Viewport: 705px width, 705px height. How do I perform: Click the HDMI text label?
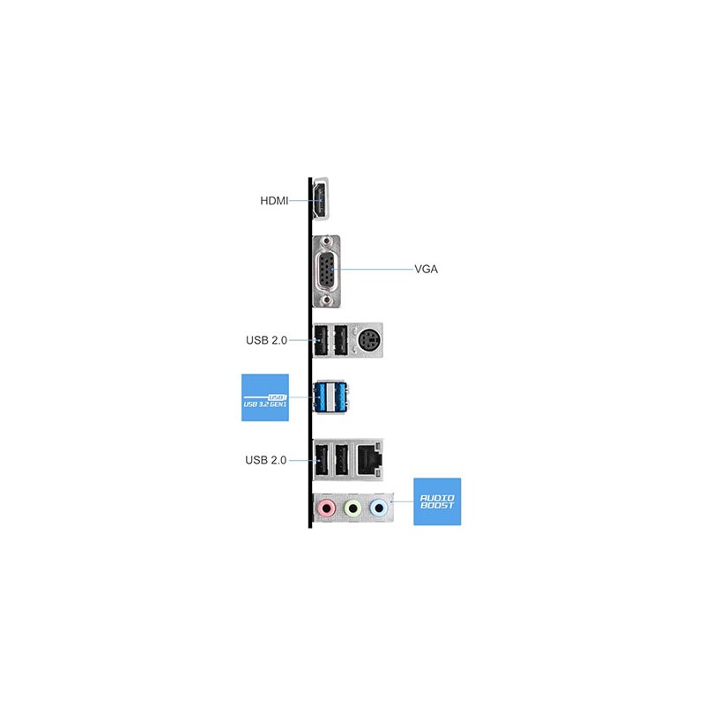pyautogui.click(x=274, y=201)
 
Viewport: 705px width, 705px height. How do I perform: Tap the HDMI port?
pyautogui.click(x=321, y=200)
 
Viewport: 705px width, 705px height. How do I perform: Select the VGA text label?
pyautogui.click(x=426, y=269)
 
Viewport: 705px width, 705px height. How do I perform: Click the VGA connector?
pyautogui.click(x=326, y=271)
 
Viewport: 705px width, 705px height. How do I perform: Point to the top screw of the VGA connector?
pyautogui.click(x=327, y=241)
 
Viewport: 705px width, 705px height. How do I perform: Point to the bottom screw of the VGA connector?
pyautogui.click(x=327, y=300)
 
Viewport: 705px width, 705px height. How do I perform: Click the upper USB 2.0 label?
pyautogui.click(x=266, y=340)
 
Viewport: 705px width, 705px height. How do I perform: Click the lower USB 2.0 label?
pyautogui.click(x=266, y=460)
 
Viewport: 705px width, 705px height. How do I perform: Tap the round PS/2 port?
pyautogui.click(x=369, y=340)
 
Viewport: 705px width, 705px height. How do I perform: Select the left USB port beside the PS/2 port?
pyautogui.click(x=321, y=340)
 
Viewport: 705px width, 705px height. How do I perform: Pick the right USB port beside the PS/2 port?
pyautogui.click(x=341, y=340)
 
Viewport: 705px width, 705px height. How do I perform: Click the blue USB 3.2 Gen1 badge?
pyautogui.click(x=265, y=397)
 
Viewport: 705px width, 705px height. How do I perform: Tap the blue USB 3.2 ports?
pyautogui.click(x=331, y=397)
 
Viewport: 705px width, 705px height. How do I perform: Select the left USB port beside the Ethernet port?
pyautogui.click(x=322, y=460)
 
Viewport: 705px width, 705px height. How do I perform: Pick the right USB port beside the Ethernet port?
pyautogui.click(x=342, y=460)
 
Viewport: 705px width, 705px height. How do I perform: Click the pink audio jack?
pyautogui.click(x=327, y=509)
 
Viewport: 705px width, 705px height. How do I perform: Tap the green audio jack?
pyautogui.click(x=353, y=509)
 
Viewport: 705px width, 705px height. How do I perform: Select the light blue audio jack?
pyautogui.click(x=379, y=509)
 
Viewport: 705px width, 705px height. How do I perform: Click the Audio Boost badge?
pyautogui.click(x=437, y=501)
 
